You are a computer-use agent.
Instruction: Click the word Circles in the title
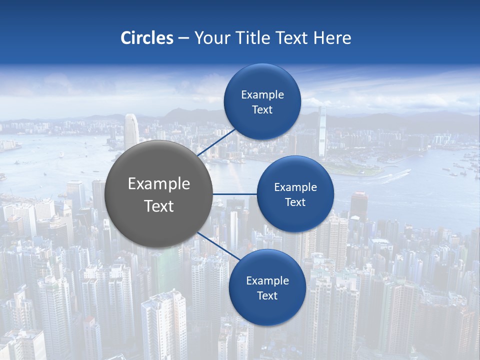point(146,38)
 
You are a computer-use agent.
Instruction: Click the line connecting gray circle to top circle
point(217,143)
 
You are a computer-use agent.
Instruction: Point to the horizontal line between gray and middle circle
point(234,194)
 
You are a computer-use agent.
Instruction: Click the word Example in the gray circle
point(159,184)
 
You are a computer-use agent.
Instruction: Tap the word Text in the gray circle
point(159,206)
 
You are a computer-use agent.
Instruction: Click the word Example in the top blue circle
point(262,95)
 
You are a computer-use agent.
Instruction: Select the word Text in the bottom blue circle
point(267,295)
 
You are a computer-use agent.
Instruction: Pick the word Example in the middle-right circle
point(295,187)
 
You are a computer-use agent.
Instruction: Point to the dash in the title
point(183,38)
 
